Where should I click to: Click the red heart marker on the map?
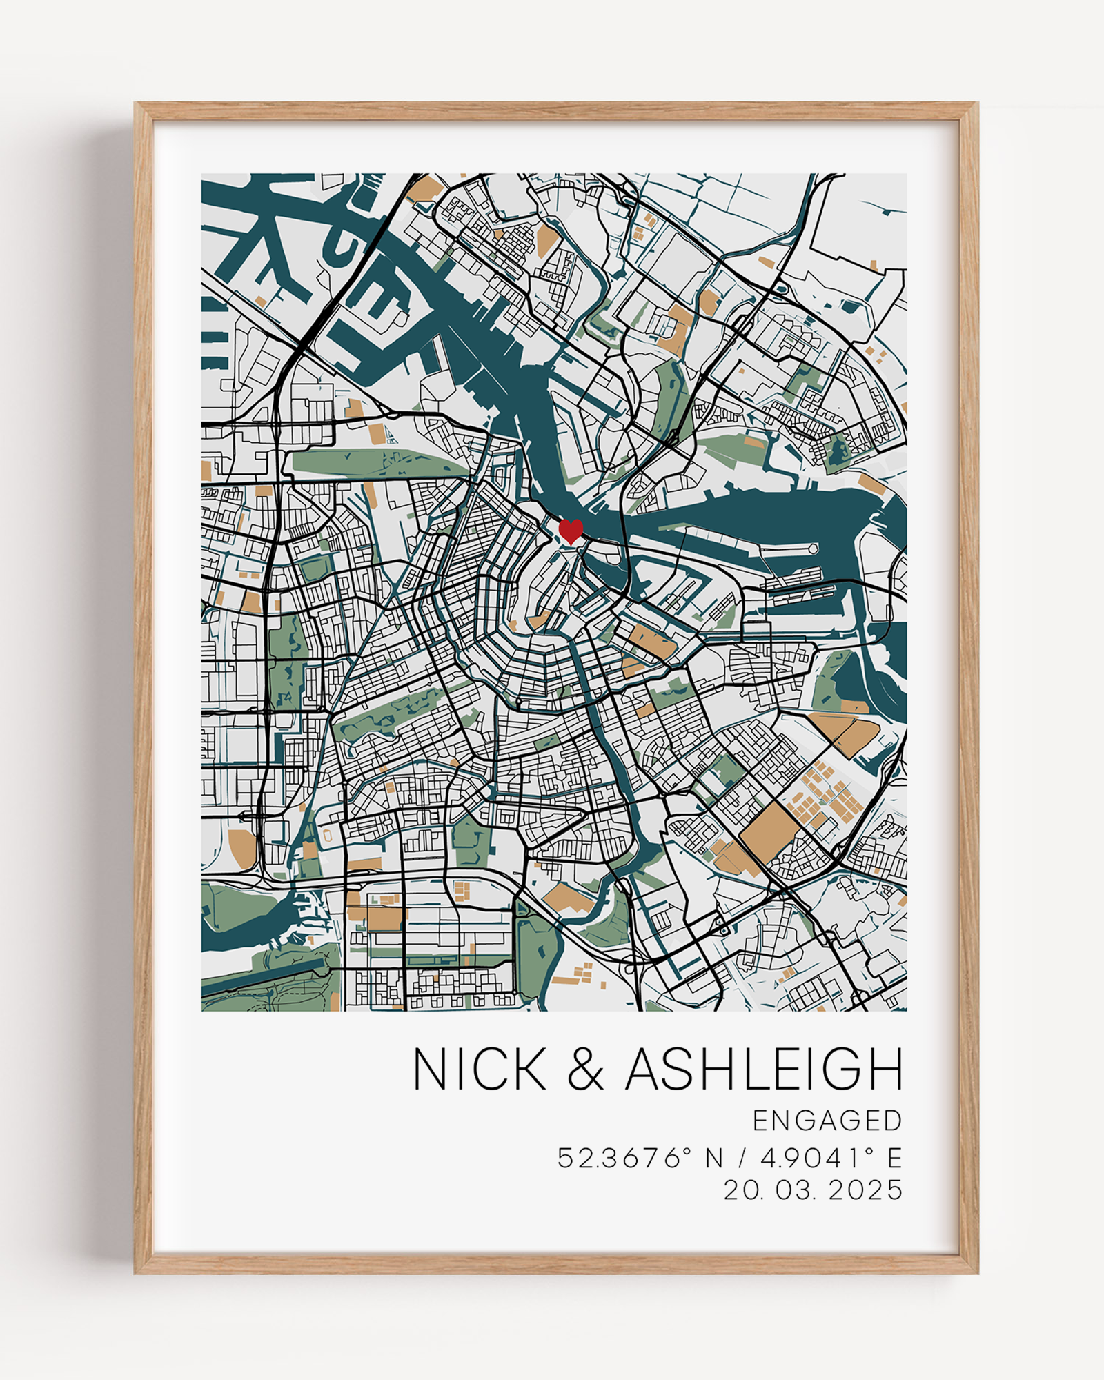point(571,531)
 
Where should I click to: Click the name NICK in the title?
point(480,1070)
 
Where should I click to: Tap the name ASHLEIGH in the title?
point(764,1070)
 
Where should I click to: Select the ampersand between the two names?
point(585,1071)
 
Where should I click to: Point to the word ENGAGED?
point(827,1121)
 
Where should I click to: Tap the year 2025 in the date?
point(865,1190)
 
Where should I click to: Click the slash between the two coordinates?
point(742,1158)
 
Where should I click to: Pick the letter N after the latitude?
point(714,1158)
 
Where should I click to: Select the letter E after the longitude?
point(895,1158)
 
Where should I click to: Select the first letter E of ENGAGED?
point(760,1121)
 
